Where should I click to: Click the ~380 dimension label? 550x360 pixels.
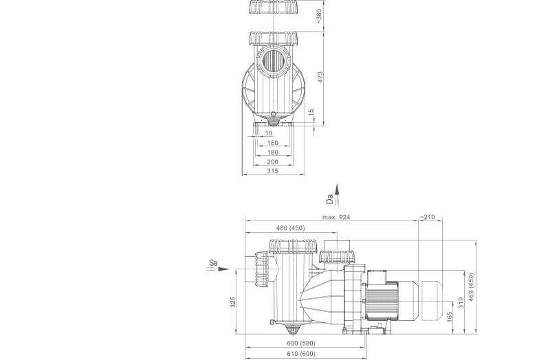point(318,16)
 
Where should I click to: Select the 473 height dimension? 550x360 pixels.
point(320,77)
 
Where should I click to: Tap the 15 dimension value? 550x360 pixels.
point(311,112)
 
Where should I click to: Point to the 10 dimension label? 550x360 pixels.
point(268,133)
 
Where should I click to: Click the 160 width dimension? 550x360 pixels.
point(272,143)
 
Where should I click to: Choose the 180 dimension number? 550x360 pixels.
point(272,152)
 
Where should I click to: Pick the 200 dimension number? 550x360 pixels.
point(272,161)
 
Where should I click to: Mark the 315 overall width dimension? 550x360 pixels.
point(272,171)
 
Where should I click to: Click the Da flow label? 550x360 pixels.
point(330,199)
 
